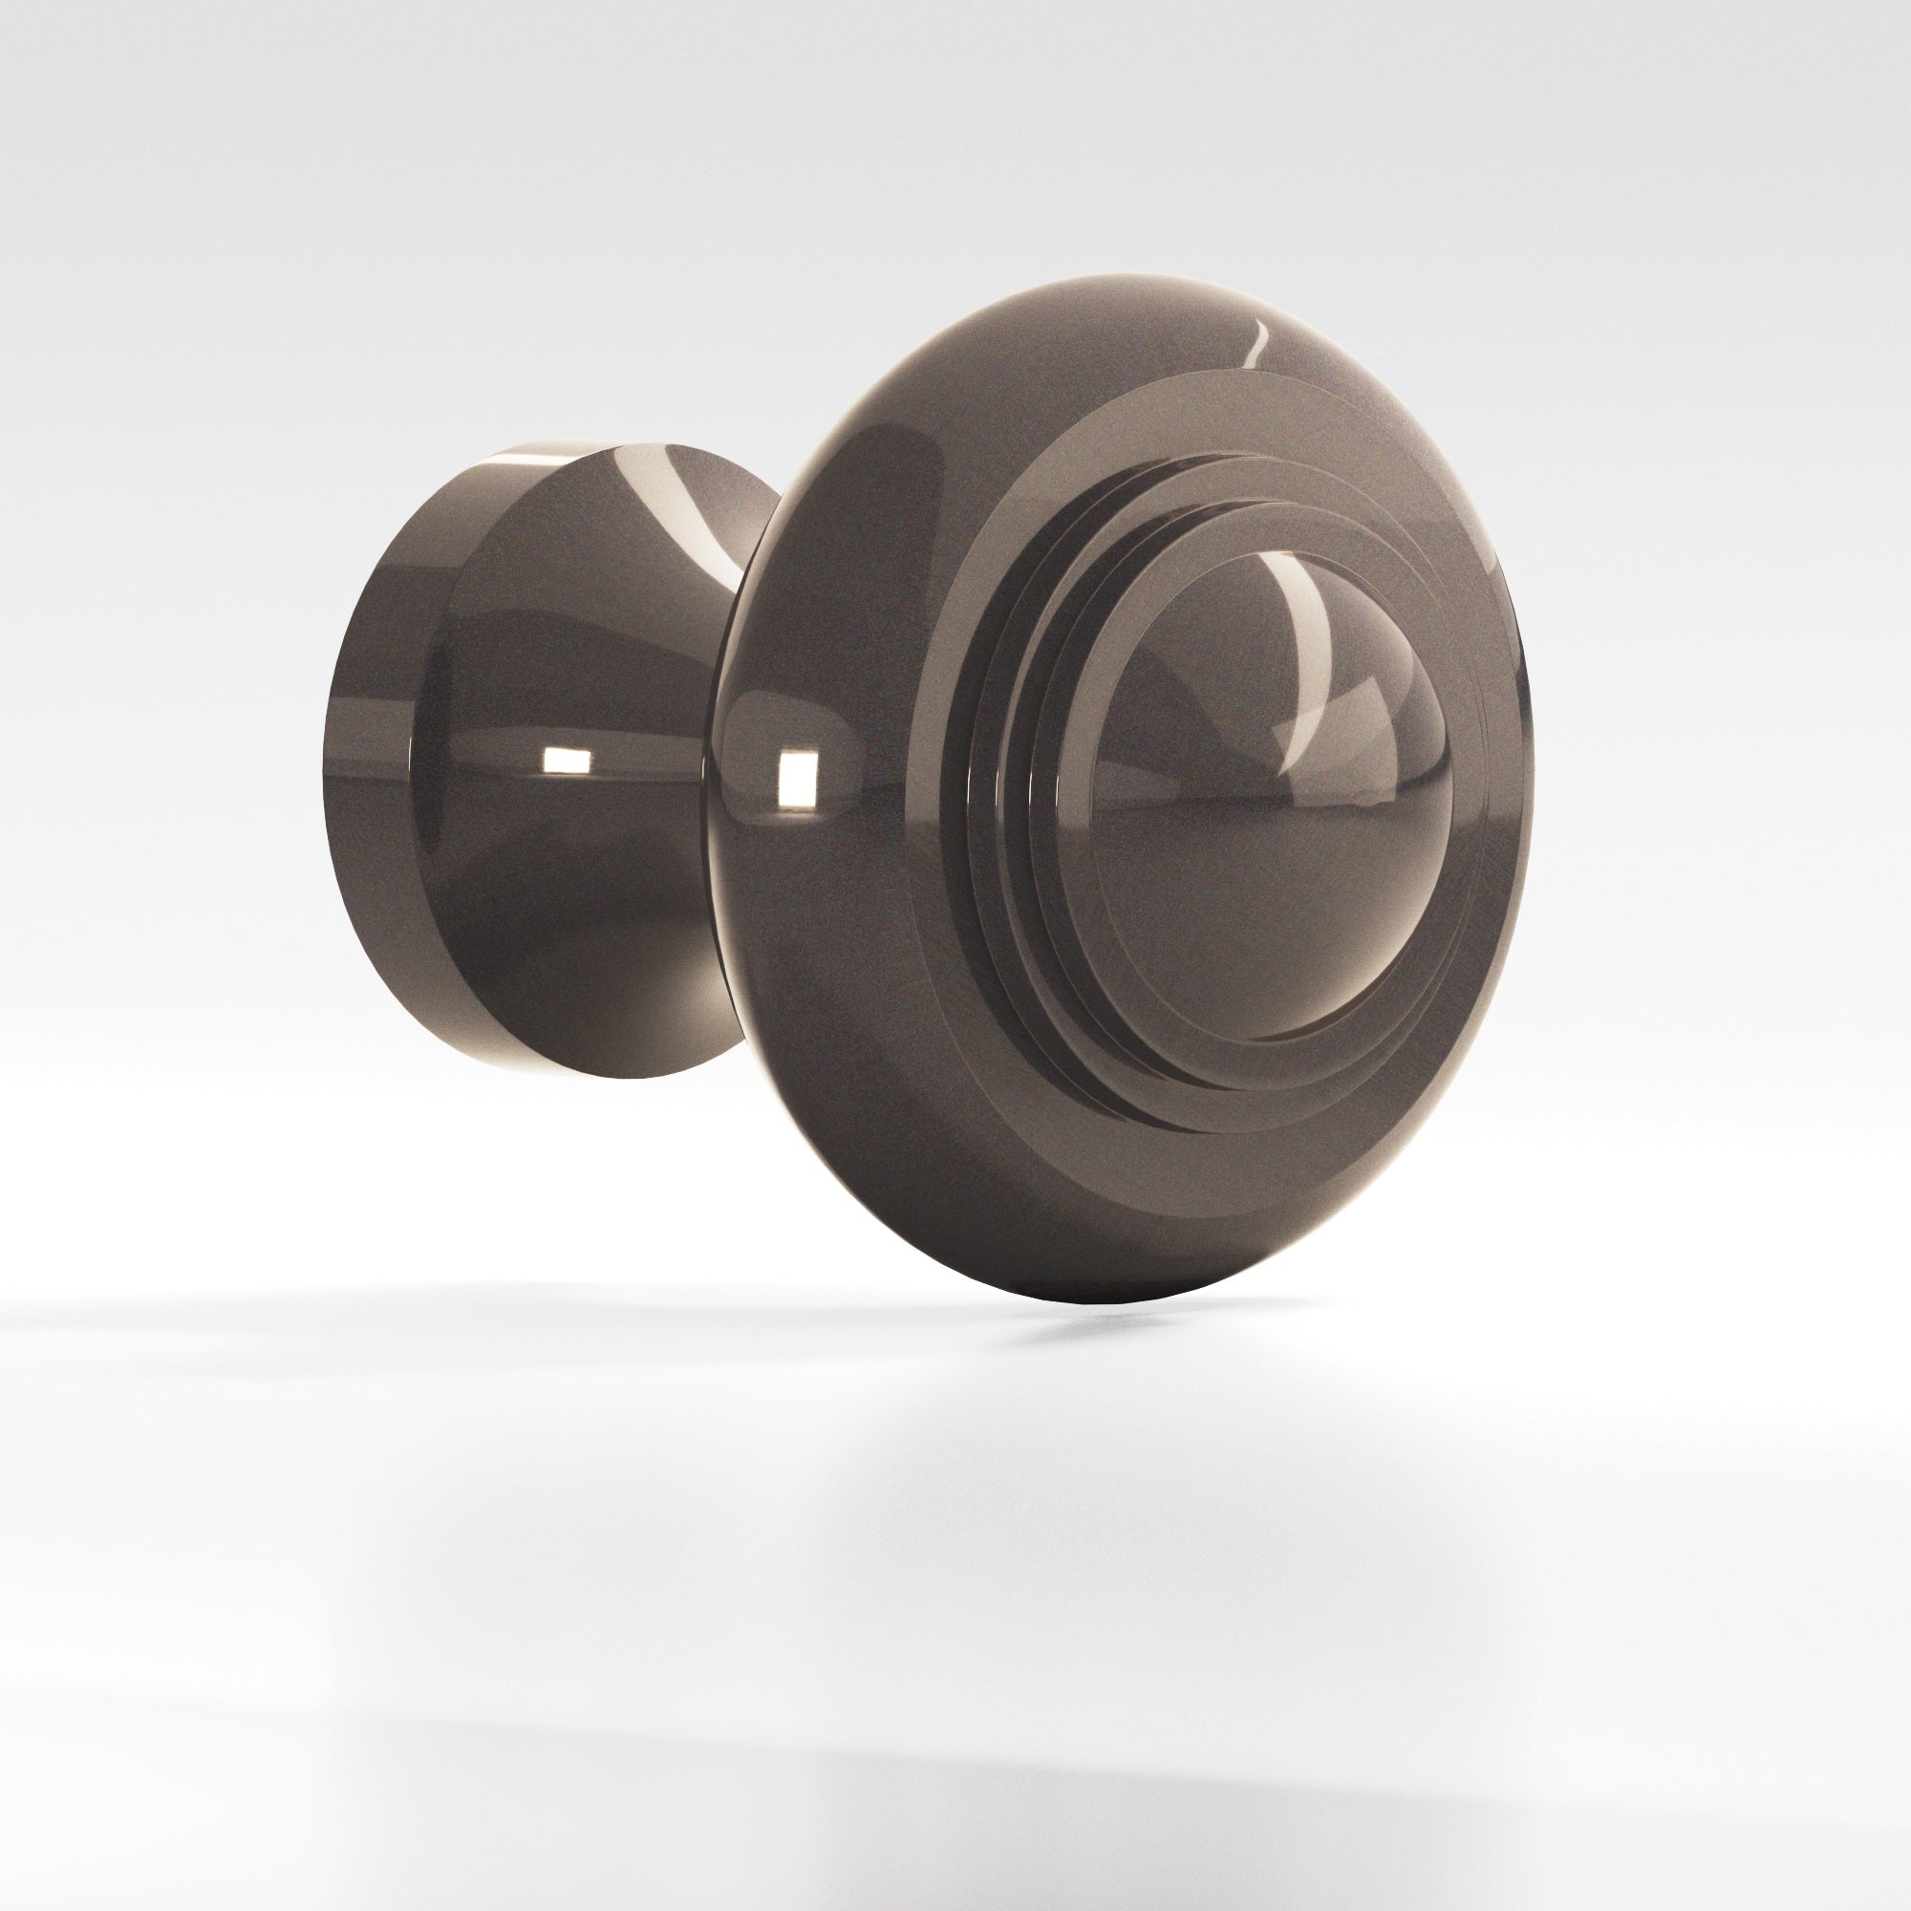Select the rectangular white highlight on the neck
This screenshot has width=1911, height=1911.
(565, 760)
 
